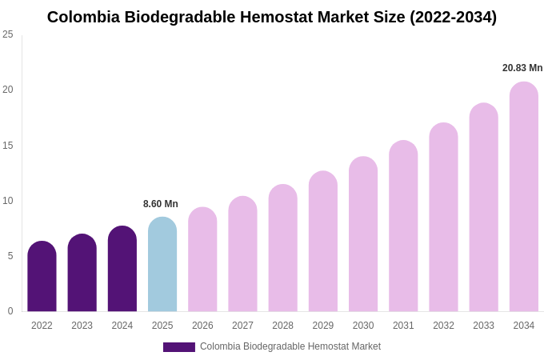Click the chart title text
(x=272, y=17)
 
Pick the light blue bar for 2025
(x=162, y=265)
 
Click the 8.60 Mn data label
(x=161, y=204)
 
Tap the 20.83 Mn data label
(x=522, y=68)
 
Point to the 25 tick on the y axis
(x=8, y=34)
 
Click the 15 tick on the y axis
(x=8, y=145)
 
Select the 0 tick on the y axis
(x=10, y=311)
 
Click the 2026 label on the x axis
(x=202, y=326)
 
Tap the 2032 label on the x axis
(x=443, y=326)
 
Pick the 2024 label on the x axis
(x=122, y=326)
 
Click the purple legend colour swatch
(x=179, y=347)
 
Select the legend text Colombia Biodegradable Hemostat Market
(x=290, y=346)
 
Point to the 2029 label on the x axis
(x=323, y=326)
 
